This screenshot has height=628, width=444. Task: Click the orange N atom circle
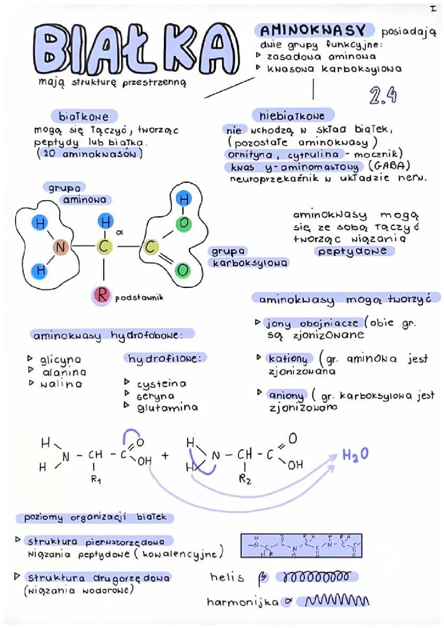click(x=60, y=247)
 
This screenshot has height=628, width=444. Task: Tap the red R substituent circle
click(x=102, y=295)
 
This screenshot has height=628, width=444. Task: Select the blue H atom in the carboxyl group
click(x=183, y=199)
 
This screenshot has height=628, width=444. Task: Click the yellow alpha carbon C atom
click(x=104, y=247)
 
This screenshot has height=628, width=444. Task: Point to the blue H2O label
click(x=355, y=454)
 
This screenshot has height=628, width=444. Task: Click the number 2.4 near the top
click(x=383, y=96)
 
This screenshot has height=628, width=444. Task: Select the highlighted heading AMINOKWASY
click(x=313, y=30)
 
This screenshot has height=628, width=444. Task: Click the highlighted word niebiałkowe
click(x=292, y=116)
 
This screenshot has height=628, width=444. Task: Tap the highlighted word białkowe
click(x=84, y=117)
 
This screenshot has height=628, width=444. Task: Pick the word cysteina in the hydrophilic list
click(x=162, y=384)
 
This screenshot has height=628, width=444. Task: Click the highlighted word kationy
click(x=288, y=359)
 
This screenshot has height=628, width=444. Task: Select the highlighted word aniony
click(x=287, y=396)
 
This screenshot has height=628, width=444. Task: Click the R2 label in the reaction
click(x=245, y=479)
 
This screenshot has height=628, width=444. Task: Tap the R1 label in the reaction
click(x=96, y=480)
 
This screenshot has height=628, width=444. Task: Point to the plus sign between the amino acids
click(x=165, y=456)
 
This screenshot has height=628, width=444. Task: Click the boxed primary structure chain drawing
click(x=301, y=546)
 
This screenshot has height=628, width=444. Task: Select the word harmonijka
click(x=243, y=603)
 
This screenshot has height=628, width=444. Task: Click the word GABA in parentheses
click(x=389, y=166)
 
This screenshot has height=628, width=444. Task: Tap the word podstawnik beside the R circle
click(x=139, y=297)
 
